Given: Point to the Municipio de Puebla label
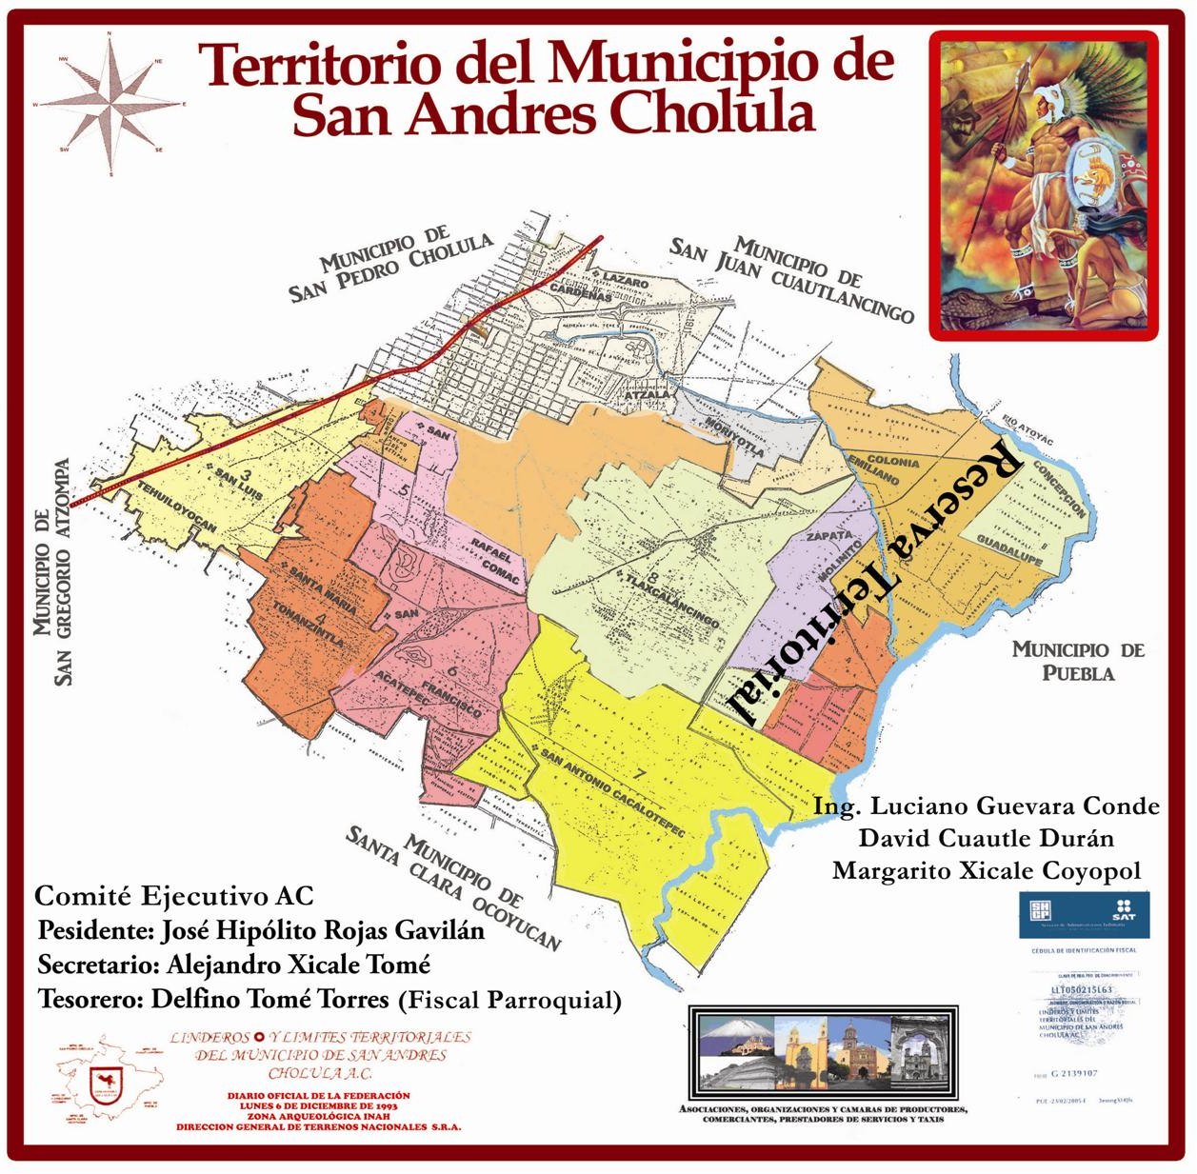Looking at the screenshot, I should click(1077, 661).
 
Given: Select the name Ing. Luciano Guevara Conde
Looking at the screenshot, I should click(986, 806).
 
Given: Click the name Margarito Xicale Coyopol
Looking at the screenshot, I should click(986, 870).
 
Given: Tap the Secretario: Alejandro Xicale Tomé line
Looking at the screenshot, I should click(234, 965).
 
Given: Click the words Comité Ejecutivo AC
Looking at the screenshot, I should click(173, 896).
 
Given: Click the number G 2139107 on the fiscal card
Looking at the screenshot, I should click(1073, 1073).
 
